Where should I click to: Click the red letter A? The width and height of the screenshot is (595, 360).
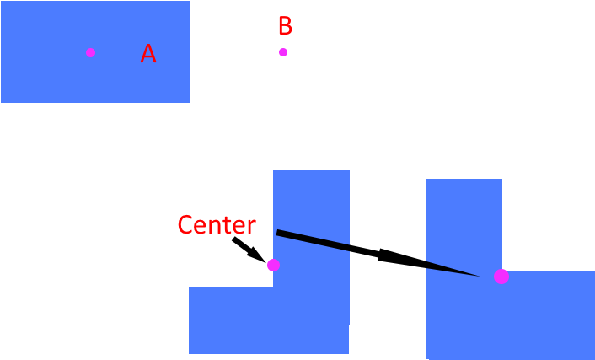(148, 54)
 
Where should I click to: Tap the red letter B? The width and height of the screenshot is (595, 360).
(285, 26)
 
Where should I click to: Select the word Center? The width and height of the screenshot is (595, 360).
(216, 225)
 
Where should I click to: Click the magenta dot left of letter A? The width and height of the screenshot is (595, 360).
(90, 52)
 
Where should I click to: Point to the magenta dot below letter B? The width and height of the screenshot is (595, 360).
(283, 52)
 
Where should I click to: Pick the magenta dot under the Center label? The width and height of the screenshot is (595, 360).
(273, 265)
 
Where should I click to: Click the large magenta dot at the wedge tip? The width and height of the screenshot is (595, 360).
(501, 276)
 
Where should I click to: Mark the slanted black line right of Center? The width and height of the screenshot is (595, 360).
(313, 239)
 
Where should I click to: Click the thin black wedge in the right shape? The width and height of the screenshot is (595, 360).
(447, 268)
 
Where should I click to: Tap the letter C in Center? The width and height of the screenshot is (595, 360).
(185, 225)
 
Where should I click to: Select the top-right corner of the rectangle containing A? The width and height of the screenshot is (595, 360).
(189, 2)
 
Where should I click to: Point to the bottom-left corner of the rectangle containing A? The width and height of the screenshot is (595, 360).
(2, 102)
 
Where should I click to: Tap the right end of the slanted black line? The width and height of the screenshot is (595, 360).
(349, 248)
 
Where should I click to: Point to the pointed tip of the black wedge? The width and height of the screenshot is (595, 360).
(480, 275)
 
